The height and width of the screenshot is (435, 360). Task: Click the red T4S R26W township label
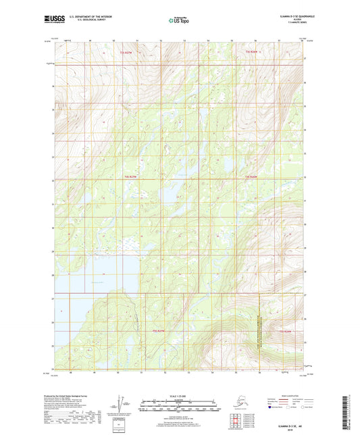[x=251, y=177]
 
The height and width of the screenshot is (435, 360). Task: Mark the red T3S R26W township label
[x=252, y=52]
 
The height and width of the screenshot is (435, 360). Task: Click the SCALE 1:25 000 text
[x=179, y=395]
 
